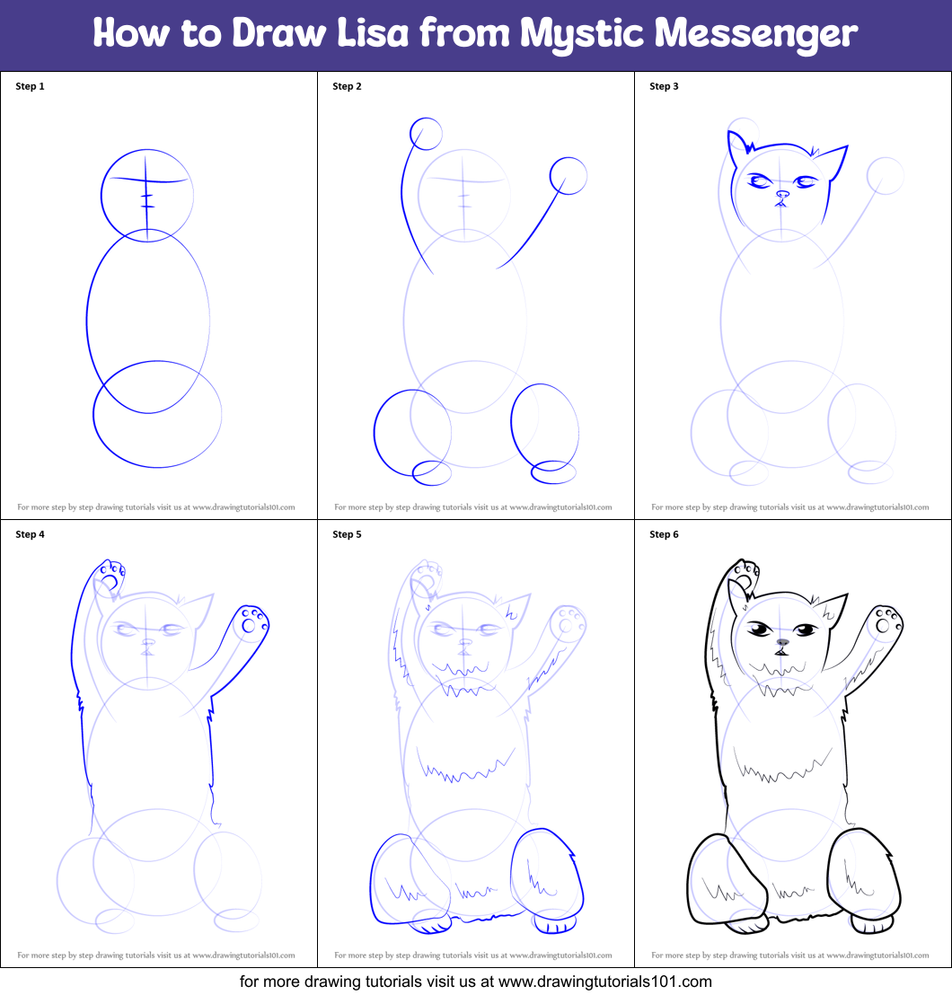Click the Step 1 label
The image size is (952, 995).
[x=30, y=86]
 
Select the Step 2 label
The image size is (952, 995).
[x=347, y=86]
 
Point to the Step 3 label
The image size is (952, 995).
[x=664, y=86]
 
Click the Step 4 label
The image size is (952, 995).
[x=30, y=534]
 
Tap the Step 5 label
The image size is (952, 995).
[x=347, y=534]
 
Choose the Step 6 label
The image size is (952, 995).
[x=664, y=534]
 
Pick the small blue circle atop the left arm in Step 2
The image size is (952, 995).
[x=426, y=135]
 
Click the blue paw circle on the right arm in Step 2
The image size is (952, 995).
[x=568, y=175]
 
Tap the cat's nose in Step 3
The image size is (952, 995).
[x=782, y=194]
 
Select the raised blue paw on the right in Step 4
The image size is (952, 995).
[x=251, y=623]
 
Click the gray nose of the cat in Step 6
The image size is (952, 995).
[x=782, y=642]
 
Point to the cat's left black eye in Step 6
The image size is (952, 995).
[x=760, y=630]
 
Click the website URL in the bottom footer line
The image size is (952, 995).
[x=604, y=982]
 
